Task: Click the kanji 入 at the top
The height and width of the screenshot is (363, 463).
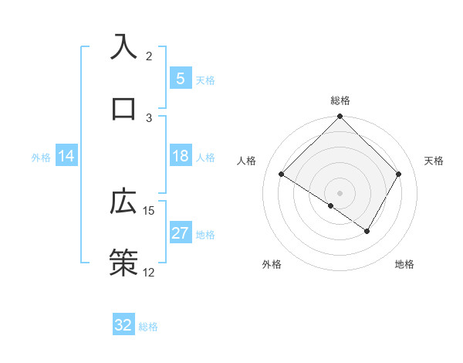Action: [x=124, y=47]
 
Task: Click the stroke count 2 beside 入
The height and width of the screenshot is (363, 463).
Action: [x=149, y=56]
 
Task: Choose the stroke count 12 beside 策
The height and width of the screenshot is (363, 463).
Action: [x=149, y=272]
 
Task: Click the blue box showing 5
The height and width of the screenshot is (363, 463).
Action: [x=180, y=79]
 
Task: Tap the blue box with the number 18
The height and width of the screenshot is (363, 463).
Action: [x=180, y=156]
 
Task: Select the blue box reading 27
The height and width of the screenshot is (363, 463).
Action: [x=180, y=233]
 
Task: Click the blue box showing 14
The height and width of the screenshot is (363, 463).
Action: [x=66, y=156]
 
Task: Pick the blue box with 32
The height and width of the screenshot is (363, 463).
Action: [x=123, y=325]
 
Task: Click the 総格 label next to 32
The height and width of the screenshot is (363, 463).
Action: [x=148, y=327]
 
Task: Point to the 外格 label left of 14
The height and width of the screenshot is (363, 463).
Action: [x=41, y=158]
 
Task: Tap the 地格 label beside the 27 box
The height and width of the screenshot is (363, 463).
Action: [x=205, y=235]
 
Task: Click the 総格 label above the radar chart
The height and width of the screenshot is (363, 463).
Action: [x=340, y=100]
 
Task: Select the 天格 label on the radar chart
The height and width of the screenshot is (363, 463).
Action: [x=434, y=161]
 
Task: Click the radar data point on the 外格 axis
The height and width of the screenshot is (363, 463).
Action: [x=331, y=205]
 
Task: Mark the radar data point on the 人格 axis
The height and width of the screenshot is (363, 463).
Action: [x=282, y=175]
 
